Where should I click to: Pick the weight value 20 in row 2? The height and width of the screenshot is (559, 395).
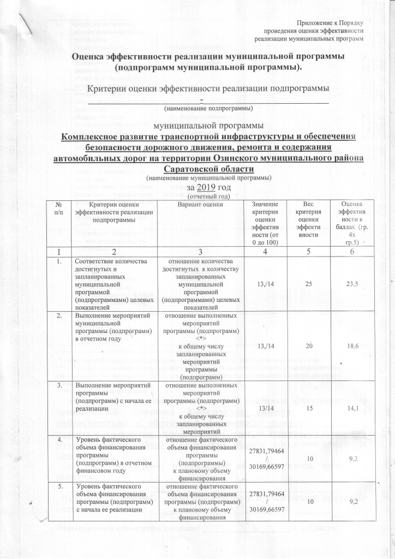point(307,338)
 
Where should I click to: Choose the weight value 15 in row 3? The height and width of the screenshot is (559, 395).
point(307,406)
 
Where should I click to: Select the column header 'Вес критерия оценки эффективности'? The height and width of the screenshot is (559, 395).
point(307,217)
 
